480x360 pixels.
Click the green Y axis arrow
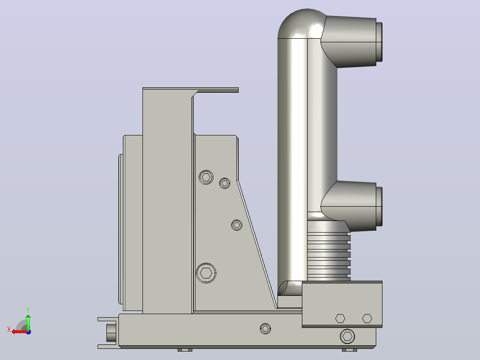(x=28, y=322)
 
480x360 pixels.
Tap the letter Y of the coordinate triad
(x=28, y=310)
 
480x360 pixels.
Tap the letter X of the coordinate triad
(x=9, y=329)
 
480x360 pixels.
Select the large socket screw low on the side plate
(x=206, y=273)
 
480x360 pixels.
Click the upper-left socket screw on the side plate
(x=206, y=177)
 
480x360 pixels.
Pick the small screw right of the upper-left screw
(x=225, y=183)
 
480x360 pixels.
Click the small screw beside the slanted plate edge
(x=236, y=225)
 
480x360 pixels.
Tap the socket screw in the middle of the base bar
(x=265, y=329)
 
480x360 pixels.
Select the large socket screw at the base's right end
(x=347, y=336)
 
